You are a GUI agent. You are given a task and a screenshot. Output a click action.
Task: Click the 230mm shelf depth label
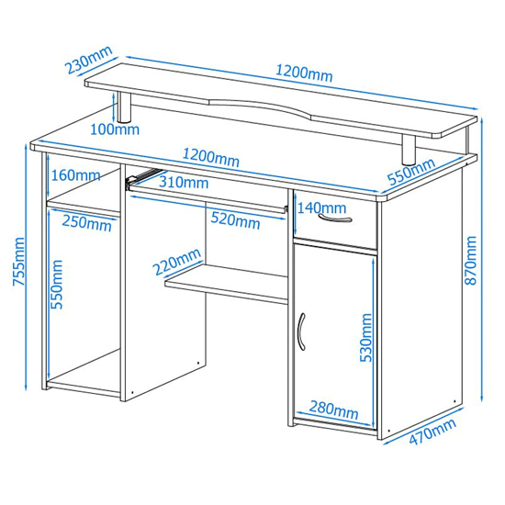tap(89, 60)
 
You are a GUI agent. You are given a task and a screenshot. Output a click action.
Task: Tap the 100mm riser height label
tap(115, 129)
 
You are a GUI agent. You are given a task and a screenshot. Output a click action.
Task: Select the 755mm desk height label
tap(18, 262)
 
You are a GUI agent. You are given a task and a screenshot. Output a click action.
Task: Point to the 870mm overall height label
tap(470, 260)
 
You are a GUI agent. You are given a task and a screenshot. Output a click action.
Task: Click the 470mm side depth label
tap(432, 432)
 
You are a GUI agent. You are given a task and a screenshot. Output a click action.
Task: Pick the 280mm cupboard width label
tap(333, 410)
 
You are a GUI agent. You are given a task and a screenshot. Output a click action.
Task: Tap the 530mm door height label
tap(365, 338)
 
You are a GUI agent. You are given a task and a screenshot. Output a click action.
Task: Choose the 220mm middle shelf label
tap(177, 262)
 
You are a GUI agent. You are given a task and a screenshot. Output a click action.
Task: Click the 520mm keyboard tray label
tap(235, 221)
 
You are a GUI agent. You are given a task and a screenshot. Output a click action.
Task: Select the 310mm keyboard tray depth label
tap(184, 183)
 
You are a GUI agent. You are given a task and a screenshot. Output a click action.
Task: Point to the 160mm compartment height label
tap(75, 175)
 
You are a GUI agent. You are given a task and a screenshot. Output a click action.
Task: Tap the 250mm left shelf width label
tap(86, 223)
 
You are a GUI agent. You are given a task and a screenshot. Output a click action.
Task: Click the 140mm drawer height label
tap(321, 208)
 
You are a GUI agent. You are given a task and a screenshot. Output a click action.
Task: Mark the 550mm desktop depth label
tap(411, 173)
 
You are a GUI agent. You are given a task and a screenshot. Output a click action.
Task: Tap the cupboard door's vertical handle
tap(301, 331)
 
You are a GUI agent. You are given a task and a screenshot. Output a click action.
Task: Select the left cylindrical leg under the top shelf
tap(124, 107)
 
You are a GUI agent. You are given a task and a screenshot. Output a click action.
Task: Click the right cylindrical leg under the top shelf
tap(409, 150)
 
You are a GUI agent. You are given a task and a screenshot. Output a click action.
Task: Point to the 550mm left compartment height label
tap(57, 285)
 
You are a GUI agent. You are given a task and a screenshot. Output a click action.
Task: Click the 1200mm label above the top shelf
tap(304, 73)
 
